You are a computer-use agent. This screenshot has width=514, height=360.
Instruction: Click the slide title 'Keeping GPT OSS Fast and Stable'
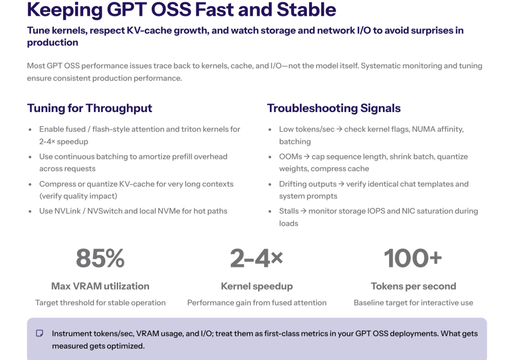point(181,9)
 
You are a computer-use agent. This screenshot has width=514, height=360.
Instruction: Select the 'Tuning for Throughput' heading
point(89,108)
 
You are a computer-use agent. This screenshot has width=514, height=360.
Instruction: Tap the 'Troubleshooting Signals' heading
point(334,108)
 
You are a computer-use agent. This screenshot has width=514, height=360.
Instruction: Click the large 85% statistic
point(100,258)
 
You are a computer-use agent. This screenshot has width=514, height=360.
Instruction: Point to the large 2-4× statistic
point(256,258)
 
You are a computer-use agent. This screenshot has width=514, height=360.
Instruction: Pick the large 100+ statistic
point(413,258)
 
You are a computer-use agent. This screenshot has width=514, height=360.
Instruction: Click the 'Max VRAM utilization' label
point(100,286)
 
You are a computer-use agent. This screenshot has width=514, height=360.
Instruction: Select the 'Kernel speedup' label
point(256,286)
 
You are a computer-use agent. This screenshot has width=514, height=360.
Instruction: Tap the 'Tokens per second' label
point(413,286)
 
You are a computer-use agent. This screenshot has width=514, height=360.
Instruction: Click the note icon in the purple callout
point(40,334)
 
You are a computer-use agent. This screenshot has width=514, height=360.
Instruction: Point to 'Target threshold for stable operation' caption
point(100,302)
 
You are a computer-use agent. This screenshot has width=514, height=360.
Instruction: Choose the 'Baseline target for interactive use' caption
point(413,302)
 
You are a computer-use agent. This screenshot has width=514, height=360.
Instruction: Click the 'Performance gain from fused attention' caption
point(256,302)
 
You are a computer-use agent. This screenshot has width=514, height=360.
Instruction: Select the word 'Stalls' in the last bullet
point(289,211)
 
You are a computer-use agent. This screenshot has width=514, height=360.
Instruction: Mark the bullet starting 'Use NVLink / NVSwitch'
point(133,211)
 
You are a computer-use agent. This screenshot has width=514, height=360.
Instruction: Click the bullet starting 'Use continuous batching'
point(133,163)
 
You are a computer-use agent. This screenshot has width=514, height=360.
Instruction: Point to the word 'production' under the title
point(52,43)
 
